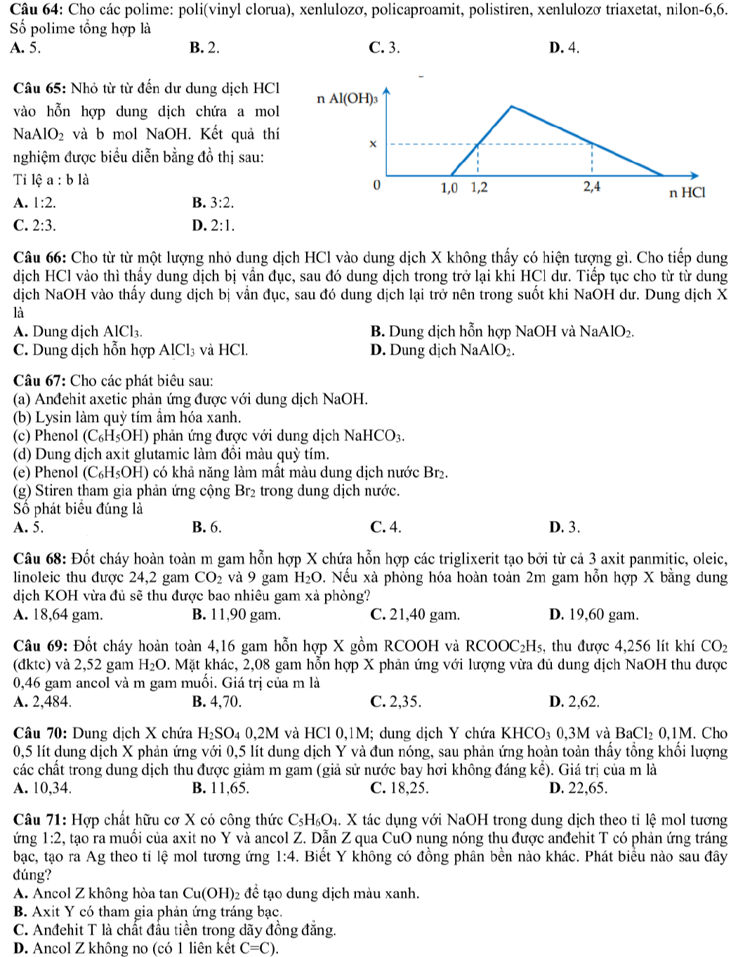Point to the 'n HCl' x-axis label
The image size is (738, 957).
[x=686, y=192]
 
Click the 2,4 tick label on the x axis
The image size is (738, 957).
[x=592, y=187]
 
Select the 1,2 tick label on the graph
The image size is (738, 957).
[x=480, y=187]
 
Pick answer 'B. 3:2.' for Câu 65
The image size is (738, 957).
[x=213, y=203]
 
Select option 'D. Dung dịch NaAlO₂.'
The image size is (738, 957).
[x=442, y=350]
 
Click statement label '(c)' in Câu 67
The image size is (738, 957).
[x=22, y=435]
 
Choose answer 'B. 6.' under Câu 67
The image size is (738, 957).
[x=206, y=527]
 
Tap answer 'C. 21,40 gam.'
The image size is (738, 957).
[x=414, y=614]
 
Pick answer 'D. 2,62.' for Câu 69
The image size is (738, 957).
[x=574, y=701]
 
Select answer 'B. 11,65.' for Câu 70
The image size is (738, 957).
[x=220, y=787]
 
